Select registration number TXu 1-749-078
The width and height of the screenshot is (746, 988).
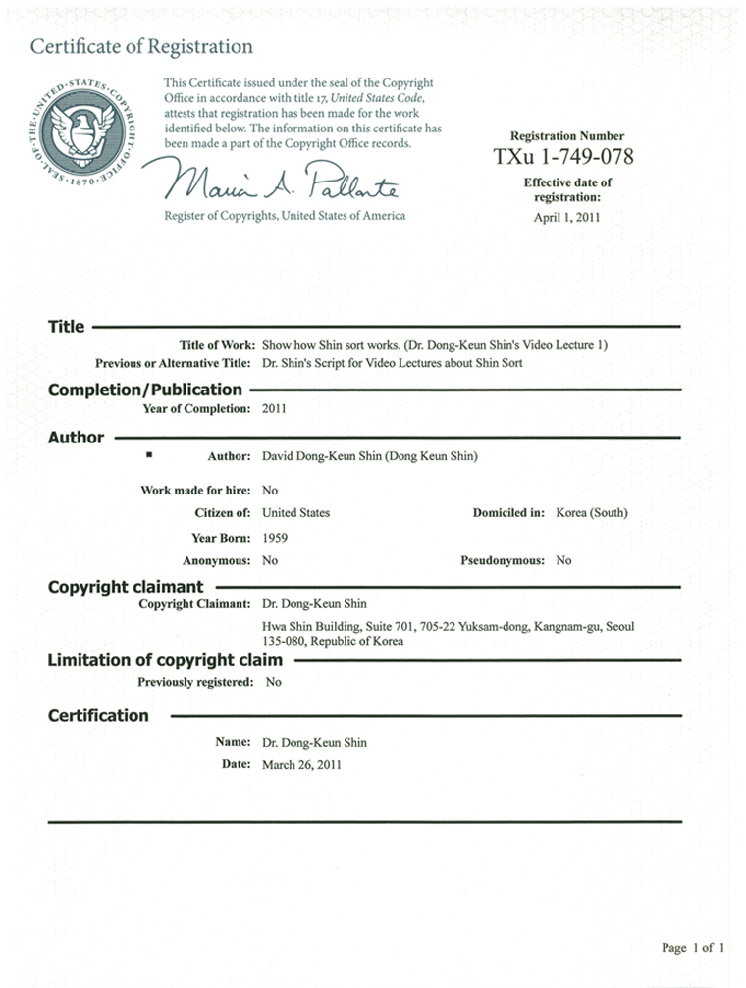[563, 157]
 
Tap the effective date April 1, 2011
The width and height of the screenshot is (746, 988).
[566, 218]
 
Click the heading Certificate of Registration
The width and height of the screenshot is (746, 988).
[141, 46]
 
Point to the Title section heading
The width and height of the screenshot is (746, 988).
[67, 327]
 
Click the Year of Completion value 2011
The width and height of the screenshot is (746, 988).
[275, 408]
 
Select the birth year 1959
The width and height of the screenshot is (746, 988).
[275, 538]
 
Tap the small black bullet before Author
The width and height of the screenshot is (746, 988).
[148, 455]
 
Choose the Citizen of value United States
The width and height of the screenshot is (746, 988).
[296, 513]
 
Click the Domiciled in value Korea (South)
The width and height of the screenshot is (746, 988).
[592, 513]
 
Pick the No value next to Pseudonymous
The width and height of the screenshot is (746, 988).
[563, 561]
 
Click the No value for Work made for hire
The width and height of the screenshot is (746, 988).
[271, 490]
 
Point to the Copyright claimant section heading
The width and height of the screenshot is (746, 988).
[126, 587]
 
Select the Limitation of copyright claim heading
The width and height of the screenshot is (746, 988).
[165, 660]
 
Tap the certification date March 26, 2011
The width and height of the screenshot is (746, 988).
[302, 765]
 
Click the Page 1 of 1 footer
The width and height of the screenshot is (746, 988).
[693, 948]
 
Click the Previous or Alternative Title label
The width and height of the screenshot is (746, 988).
[176, 363]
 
